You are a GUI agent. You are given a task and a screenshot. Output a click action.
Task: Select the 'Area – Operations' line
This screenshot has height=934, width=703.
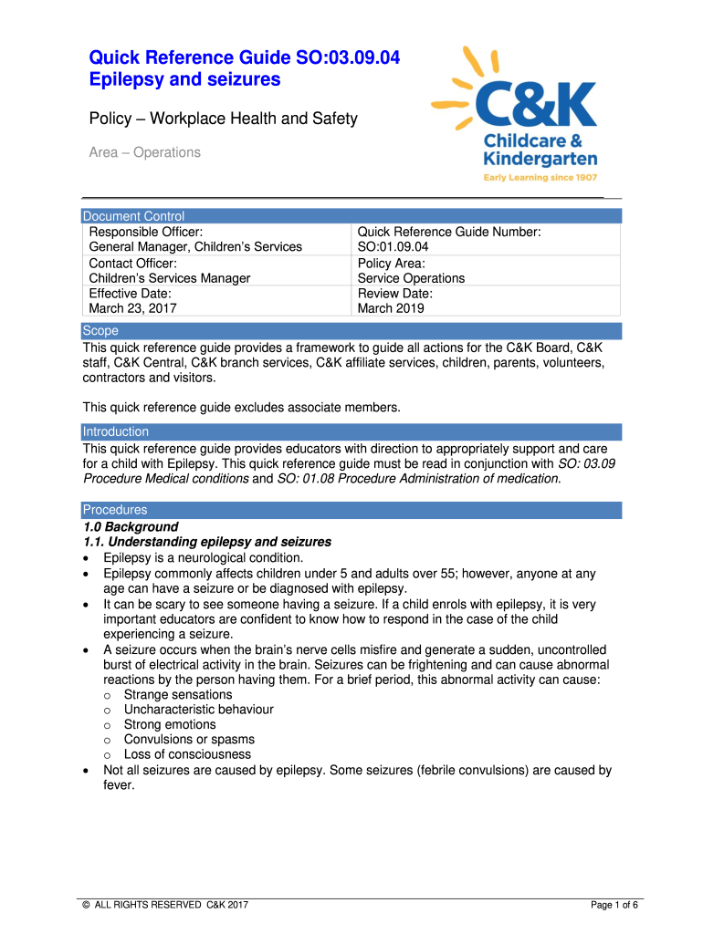click(144, 152)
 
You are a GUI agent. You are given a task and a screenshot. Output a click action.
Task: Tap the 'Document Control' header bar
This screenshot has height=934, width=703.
click(133, 216)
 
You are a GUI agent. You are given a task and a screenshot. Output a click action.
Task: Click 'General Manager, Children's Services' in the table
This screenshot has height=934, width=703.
click(194, 247)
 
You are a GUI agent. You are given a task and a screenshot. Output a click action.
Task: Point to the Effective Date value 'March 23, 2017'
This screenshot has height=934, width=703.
click(132, 308)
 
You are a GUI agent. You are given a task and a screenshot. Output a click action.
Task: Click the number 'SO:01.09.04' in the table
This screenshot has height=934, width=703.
click(393, 247)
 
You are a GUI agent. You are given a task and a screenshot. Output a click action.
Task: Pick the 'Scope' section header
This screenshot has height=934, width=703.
click(100, 331)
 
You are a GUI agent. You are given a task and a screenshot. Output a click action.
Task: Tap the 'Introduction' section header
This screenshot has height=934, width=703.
click(115, 431)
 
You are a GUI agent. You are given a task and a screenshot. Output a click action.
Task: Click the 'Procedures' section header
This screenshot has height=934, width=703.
click(114, 510)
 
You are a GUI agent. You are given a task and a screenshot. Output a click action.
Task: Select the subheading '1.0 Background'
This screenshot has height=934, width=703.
click(131, 527)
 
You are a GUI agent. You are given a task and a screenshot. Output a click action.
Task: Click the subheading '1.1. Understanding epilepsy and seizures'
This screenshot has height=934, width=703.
click(206, 542)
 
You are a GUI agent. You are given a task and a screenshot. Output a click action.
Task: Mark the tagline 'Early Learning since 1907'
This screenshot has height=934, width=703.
click(540, 177)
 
